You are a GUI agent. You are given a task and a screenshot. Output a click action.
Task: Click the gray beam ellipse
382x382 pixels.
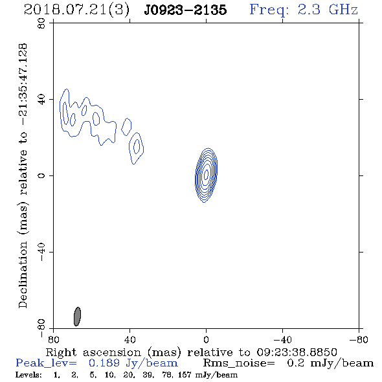click(x=77, y=317)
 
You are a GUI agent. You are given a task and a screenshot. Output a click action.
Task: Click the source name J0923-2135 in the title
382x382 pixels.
click(x=185, y=10)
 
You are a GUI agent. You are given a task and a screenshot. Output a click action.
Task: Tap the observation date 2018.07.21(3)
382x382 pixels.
click(x=76, y=10)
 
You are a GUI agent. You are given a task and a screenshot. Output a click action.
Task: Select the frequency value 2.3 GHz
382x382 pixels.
click(x=328, y=10)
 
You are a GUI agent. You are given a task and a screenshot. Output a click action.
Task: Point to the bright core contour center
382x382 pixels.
click(x=206, y=174)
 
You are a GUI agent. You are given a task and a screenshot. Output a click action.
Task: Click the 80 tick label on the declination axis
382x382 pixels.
click(x=41, y=23)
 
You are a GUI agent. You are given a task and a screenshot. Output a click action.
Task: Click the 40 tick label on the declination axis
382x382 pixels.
click(x=41, y=100)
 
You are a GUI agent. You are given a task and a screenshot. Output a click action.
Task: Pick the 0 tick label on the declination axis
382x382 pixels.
click(x=41, y=175)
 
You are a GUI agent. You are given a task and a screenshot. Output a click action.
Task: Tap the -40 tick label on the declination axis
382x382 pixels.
click(x=41, y=252)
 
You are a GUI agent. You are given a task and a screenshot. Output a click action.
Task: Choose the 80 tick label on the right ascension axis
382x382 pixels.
click(x=53, y=340)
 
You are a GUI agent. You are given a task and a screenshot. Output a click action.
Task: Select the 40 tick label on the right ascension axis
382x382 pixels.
click(x=129, y=340)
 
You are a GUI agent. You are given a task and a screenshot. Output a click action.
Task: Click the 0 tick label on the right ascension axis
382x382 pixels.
click(x=206, y=340)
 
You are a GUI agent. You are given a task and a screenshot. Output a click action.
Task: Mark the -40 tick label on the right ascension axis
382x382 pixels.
click(x=282, y=340)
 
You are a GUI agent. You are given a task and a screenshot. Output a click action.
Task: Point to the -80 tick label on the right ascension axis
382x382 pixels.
click(x=359, y=340)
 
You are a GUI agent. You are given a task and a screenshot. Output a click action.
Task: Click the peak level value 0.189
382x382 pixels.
click(x=104, y=363)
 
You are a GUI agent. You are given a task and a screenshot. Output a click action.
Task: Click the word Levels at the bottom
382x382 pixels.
click(x=28, y=375)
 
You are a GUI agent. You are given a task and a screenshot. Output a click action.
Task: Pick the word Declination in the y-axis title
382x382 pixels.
click(x=23, y=275)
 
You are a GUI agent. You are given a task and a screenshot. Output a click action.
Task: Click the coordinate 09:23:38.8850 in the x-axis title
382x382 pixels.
click(x=297, y=352)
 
